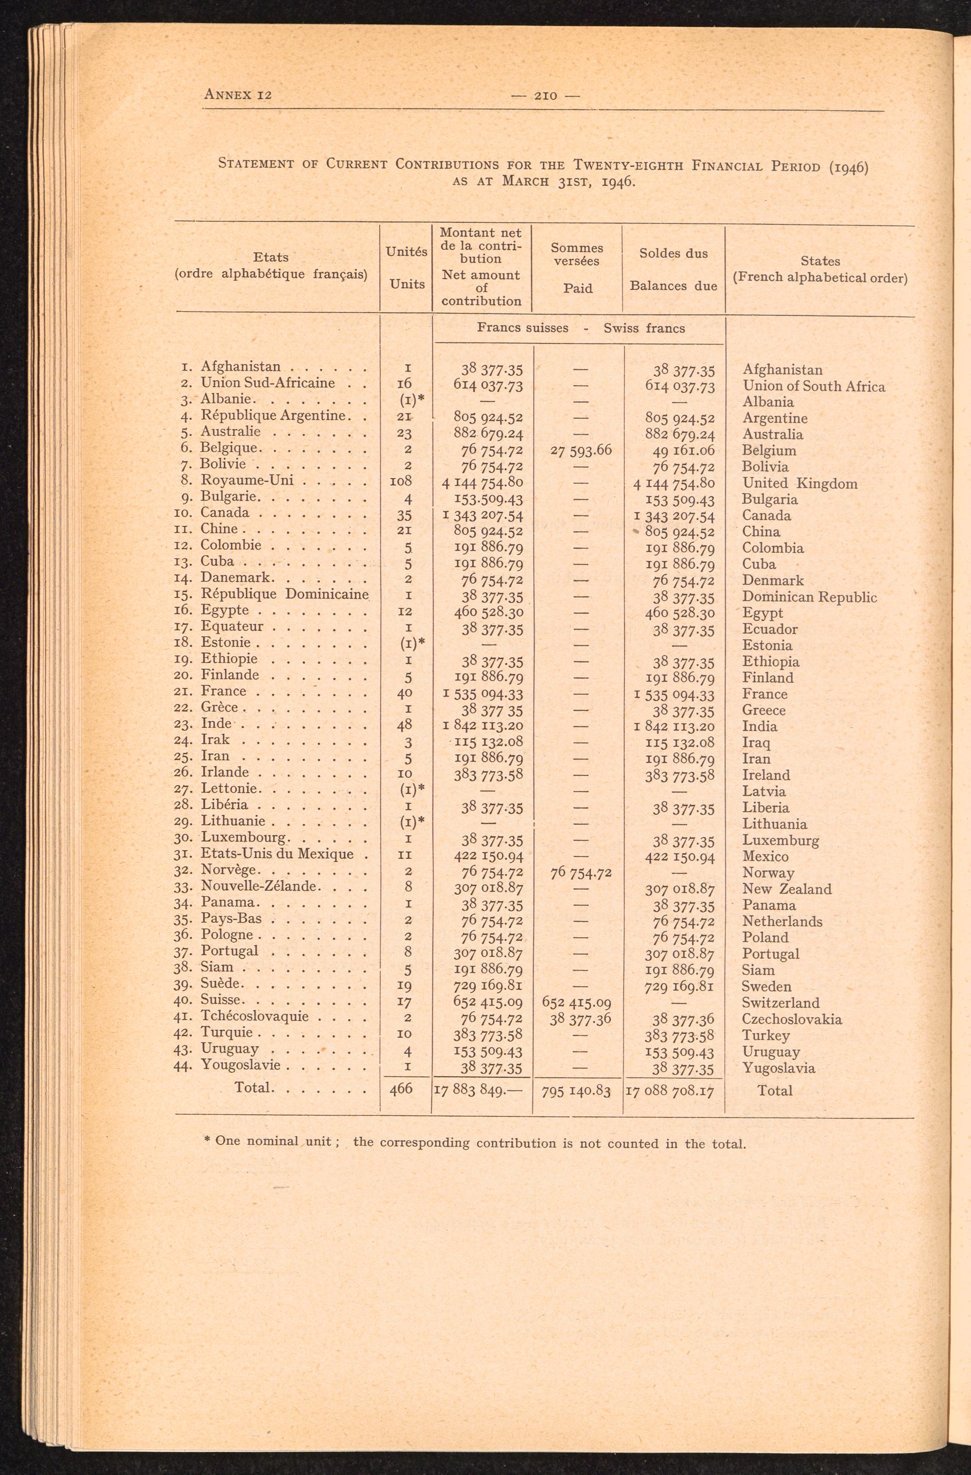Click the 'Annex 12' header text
click(x=238, y=95)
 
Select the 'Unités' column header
click(x=406, y=252)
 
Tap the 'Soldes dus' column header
click(x=673, y=254)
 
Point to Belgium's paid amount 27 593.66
click(x=581, y=450)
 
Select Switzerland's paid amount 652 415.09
click(x=576, y=1002)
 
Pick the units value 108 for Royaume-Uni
click(x=403, y=481)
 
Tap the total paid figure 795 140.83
click(x=576, y=1090)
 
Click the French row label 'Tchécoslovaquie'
click(x=255, y=1017)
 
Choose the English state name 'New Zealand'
click(x=787, y=889)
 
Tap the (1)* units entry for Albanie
click(x=409, y=401)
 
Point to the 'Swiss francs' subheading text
click(x=644, y=328)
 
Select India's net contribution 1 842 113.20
click(x=484, y=726)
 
